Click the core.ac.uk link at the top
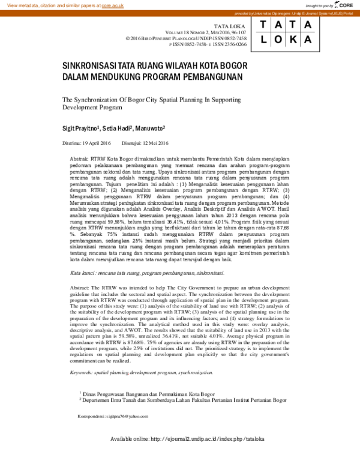coord(113,5)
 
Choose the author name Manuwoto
coord(149,129)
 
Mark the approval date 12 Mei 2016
coord(155,143)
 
